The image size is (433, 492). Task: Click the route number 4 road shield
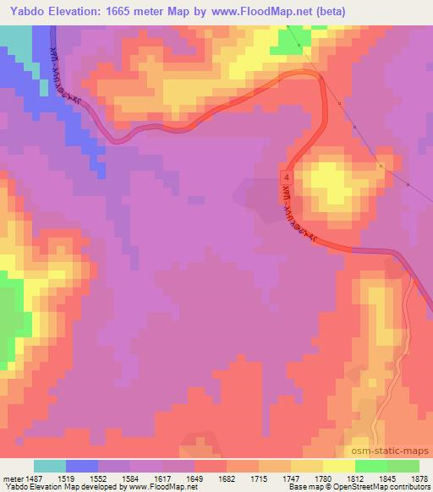288,178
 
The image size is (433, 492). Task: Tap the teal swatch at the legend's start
50,466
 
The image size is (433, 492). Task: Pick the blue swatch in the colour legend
82,466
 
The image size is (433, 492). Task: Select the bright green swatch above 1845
371,466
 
